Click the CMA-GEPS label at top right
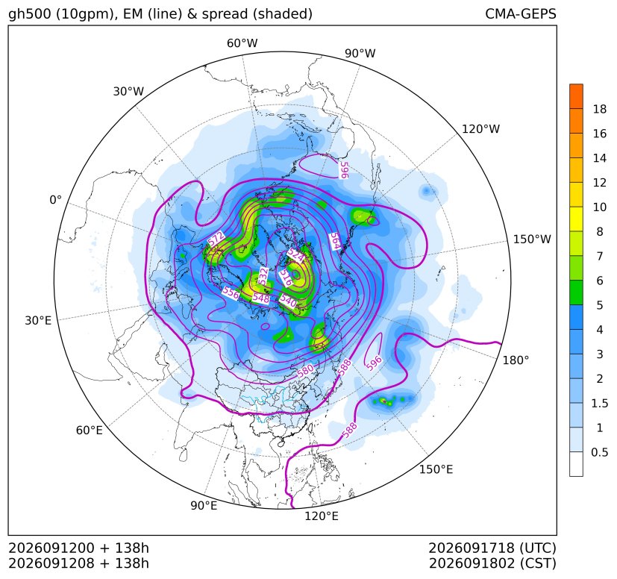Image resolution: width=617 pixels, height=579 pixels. point(521,13)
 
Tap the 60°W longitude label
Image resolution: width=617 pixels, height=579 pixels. point(242,43)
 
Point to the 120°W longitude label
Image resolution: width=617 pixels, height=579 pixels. point(480,129)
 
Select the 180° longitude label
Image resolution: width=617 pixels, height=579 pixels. point(516,360)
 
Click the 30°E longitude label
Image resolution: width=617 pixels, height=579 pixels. point(38,321)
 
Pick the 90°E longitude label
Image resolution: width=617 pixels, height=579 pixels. point(204,506)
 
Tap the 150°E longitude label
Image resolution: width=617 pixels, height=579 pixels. point(436,469)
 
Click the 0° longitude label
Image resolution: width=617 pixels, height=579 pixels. point(55,200)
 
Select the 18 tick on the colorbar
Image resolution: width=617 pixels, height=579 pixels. point(600,109)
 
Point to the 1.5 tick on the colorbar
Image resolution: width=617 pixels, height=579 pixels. point(599,403)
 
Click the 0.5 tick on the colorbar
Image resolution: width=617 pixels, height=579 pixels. point(599,452)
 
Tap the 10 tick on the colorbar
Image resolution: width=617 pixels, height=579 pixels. point(600,207)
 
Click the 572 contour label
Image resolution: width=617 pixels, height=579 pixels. point(216,239)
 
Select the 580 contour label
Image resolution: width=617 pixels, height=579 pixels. point(305,370)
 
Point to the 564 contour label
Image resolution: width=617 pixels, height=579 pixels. point(335,241)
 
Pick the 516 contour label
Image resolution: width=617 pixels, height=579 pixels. point(286,278)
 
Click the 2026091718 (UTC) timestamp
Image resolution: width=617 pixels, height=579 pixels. point(492,548)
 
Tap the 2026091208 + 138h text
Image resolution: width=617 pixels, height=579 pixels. point(78,563)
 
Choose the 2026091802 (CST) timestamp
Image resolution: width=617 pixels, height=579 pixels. point(492,563)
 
